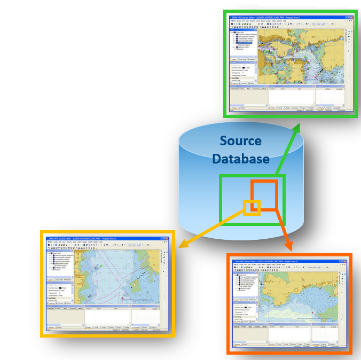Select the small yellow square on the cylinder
(x=252, y=207)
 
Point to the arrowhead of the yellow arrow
(x=182, y=246)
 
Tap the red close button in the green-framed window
(x=350, y=17)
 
